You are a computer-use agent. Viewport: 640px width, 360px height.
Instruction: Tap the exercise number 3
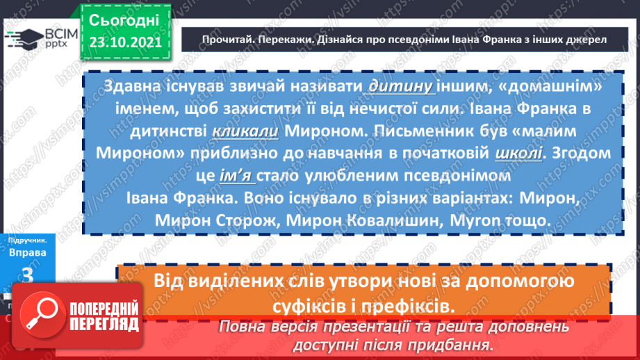[28, 275]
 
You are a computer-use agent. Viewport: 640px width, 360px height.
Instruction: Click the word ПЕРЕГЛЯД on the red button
[104, 323]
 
